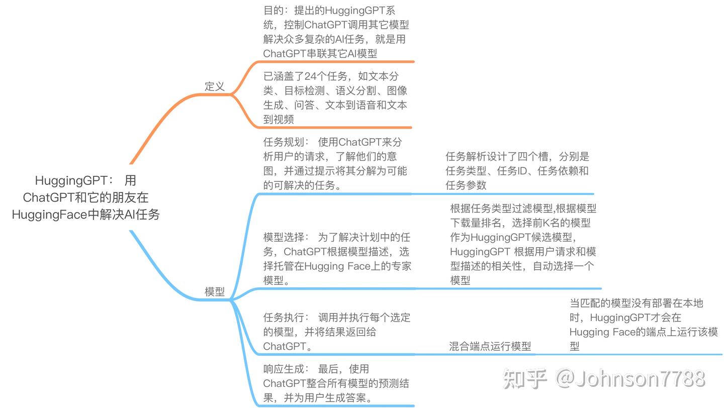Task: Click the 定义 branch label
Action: tap(215, 86)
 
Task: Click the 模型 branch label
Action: tap(215, 292)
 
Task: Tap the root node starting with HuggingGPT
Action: tap(85, 197)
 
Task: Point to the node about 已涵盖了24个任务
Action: tap(335, 97)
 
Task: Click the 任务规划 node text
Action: tap(335, 163)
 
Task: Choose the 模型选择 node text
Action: tap(337, 259)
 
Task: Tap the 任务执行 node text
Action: tap(336, 332)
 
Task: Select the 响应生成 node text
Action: tap(336, 383)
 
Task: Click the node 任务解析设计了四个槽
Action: tap(517, 171)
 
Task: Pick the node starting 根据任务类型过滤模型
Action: tap(523, 244)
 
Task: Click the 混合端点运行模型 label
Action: tap(490, 346)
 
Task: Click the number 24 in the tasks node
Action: tap(310, 76)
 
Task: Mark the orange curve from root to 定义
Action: tap(161, 121)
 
